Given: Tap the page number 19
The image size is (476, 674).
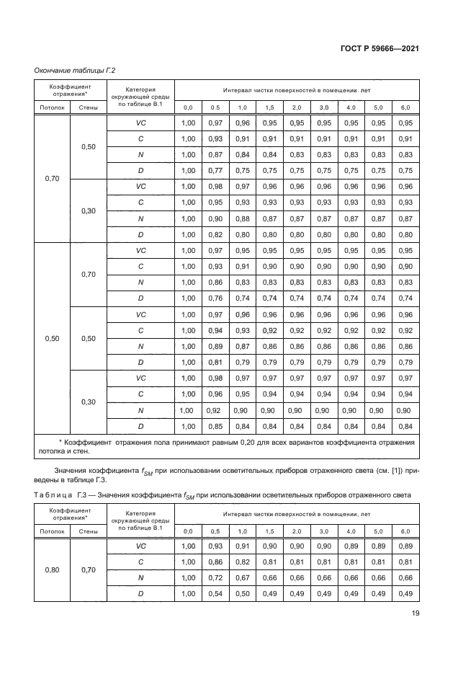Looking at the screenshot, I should tap(415, 615).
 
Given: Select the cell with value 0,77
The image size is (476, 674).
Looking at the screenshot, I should tap(215, 170).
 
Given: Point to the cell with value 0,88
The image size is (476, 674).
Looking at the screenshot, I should tap(243, 218).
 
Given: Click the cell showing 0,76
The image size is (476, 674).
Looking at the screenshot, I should tap(215, 298).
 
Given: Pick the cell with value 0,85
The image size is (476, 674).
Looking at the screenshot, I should tap(215, 425).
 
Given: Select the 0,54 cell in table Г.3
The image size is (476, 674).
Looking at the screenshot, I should tap(215, 593).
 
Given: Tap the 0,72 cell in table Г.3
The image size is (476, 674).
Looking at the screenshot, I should tap(215, 577).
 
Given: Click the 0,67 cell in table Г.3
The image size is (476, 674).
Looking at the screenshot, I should tap(243, 577).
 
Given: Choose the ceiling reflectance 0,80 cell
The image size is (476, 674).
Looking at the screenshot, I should tap(51, 569).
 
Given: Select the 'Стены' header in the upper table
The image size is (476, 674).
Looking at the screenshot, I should tap(88, 107).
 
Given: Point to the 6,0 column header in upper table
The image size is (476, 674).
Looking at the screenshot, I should tap(405, 107).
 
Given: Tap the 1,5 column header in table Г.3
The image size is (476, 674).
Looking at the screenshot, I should tap(269, 531).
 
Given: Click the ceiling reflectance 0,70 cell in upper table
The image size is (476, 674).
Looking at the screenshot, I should tap(51, 178).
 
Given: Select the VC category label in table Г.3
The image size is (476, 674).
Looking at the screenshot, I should tap(141, 546).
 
